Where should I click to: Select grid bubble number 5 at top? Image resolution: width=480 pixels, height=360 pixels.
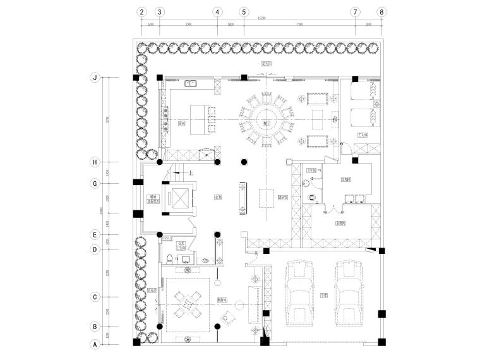[x=244, y=11]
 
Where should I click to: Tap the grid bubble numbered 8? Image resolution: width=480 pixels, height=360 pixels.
[x=381, y=11]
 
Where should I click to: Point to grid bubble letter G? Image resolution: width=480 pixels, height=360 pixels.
[x=95, y=183]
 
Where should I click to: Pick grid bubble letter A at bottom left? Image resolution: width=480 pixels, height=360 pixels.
[x=95, y=344]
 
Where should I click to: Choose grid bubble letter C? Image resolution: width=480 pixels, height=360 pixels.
[x=95, y=296]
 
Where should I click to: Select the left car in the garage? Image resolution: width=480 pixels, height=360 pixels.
[x=300, y=295]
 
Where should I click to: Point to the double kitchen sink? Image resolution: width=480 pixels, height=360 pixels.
[x=191, y=83]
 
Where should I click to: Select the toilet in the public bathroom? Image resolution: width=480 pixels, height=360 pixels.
[x=171, y=259]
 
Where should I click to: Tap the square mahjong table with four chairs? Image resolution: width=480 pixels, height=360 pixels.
[x=188, y=305]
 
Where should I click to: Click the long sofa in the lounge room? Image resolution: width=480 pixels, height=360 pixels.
[x=255, y=303]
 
